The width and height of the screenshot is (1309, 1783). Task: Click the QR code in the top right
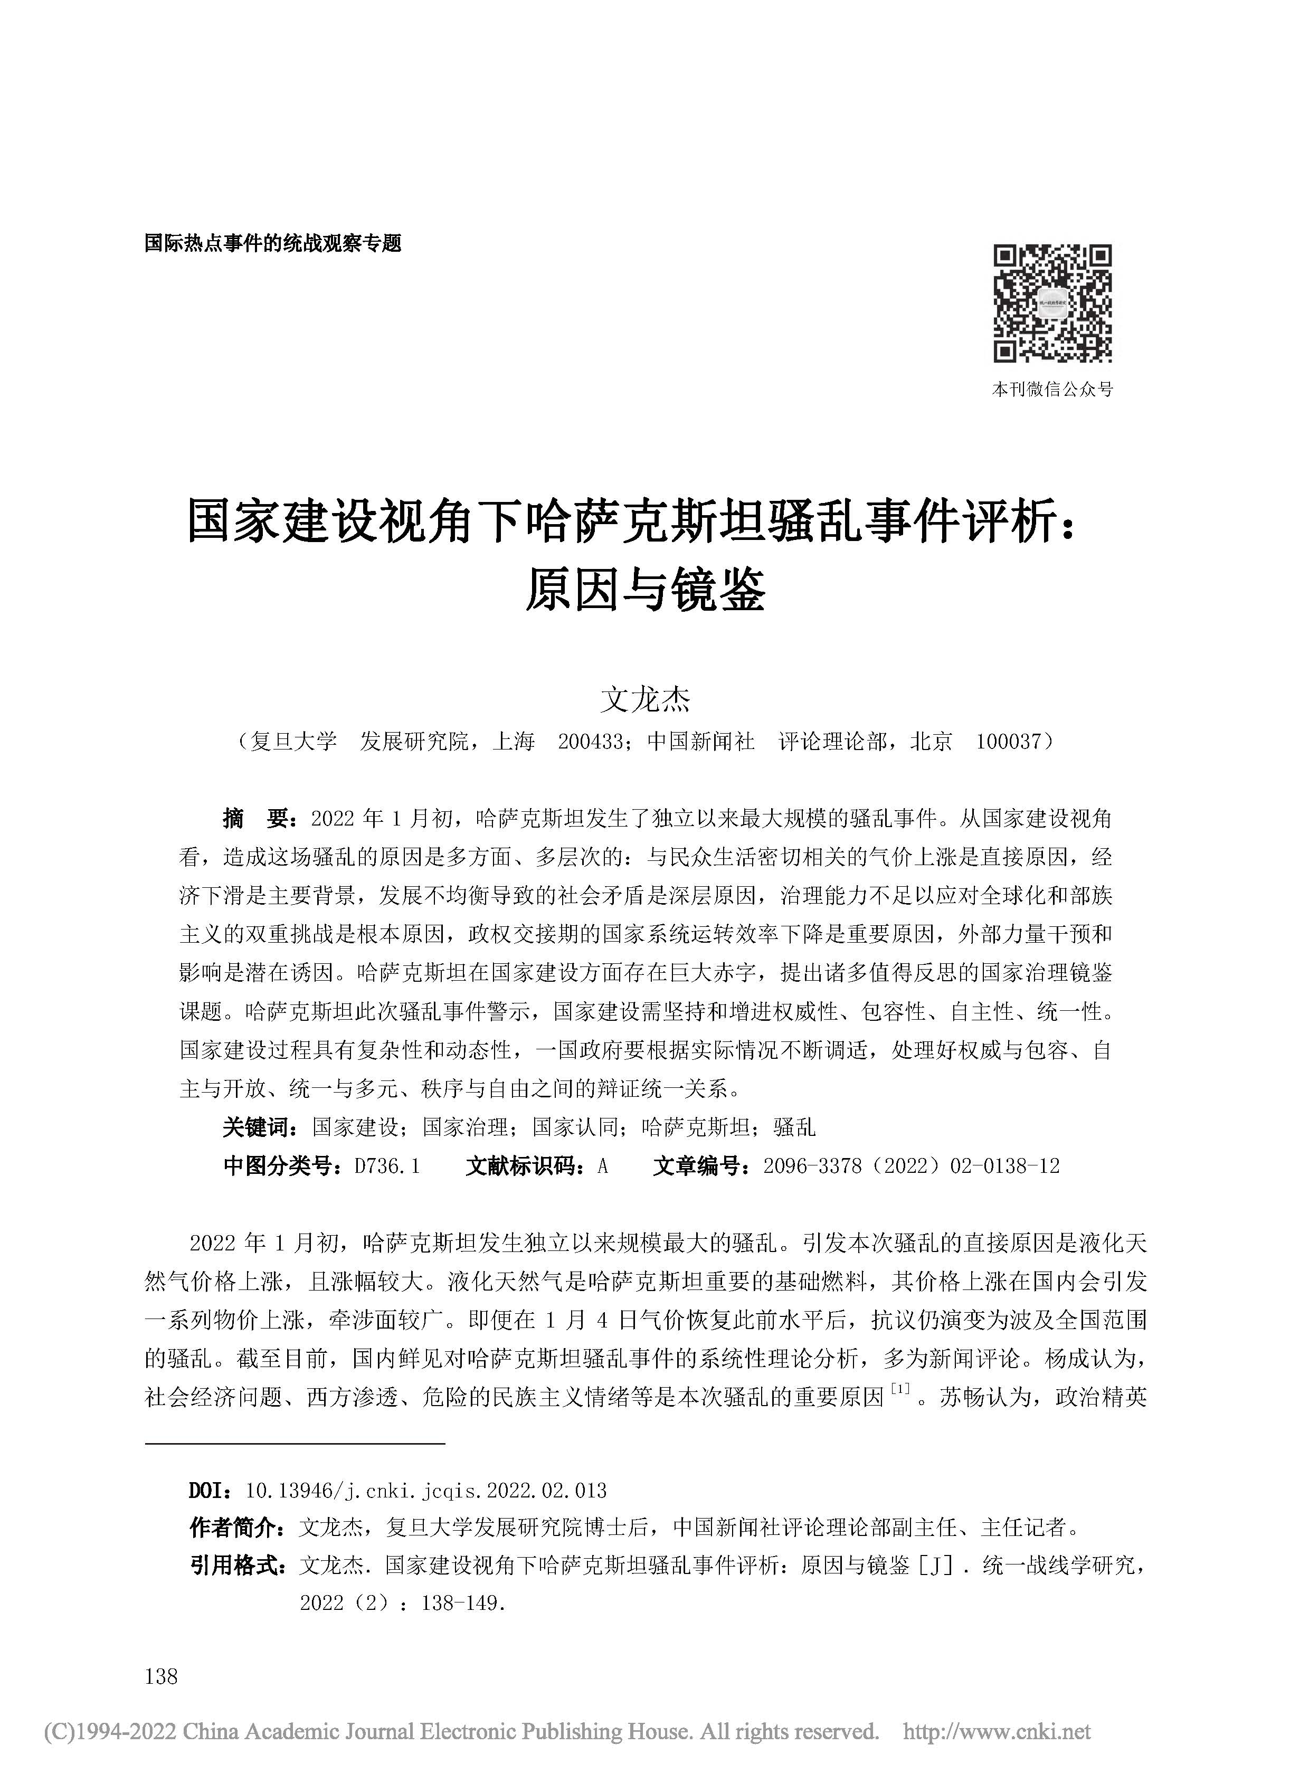(x=1052, y=304)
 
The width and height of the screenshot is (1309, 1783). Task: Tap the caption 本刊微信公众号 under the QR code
(x=1052, y=389)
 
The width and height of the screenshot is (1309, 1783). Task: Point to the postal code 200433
(x=590, y=742)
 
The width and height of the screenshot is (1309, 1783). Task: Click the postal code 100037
(x=1007, y=742)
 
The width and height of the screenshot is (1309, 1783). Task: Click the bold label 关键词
(x=259, y=1127)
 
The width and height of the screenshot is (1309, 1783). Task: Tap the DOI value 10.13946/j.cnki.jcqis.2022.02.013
(x=426, y=1491)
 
